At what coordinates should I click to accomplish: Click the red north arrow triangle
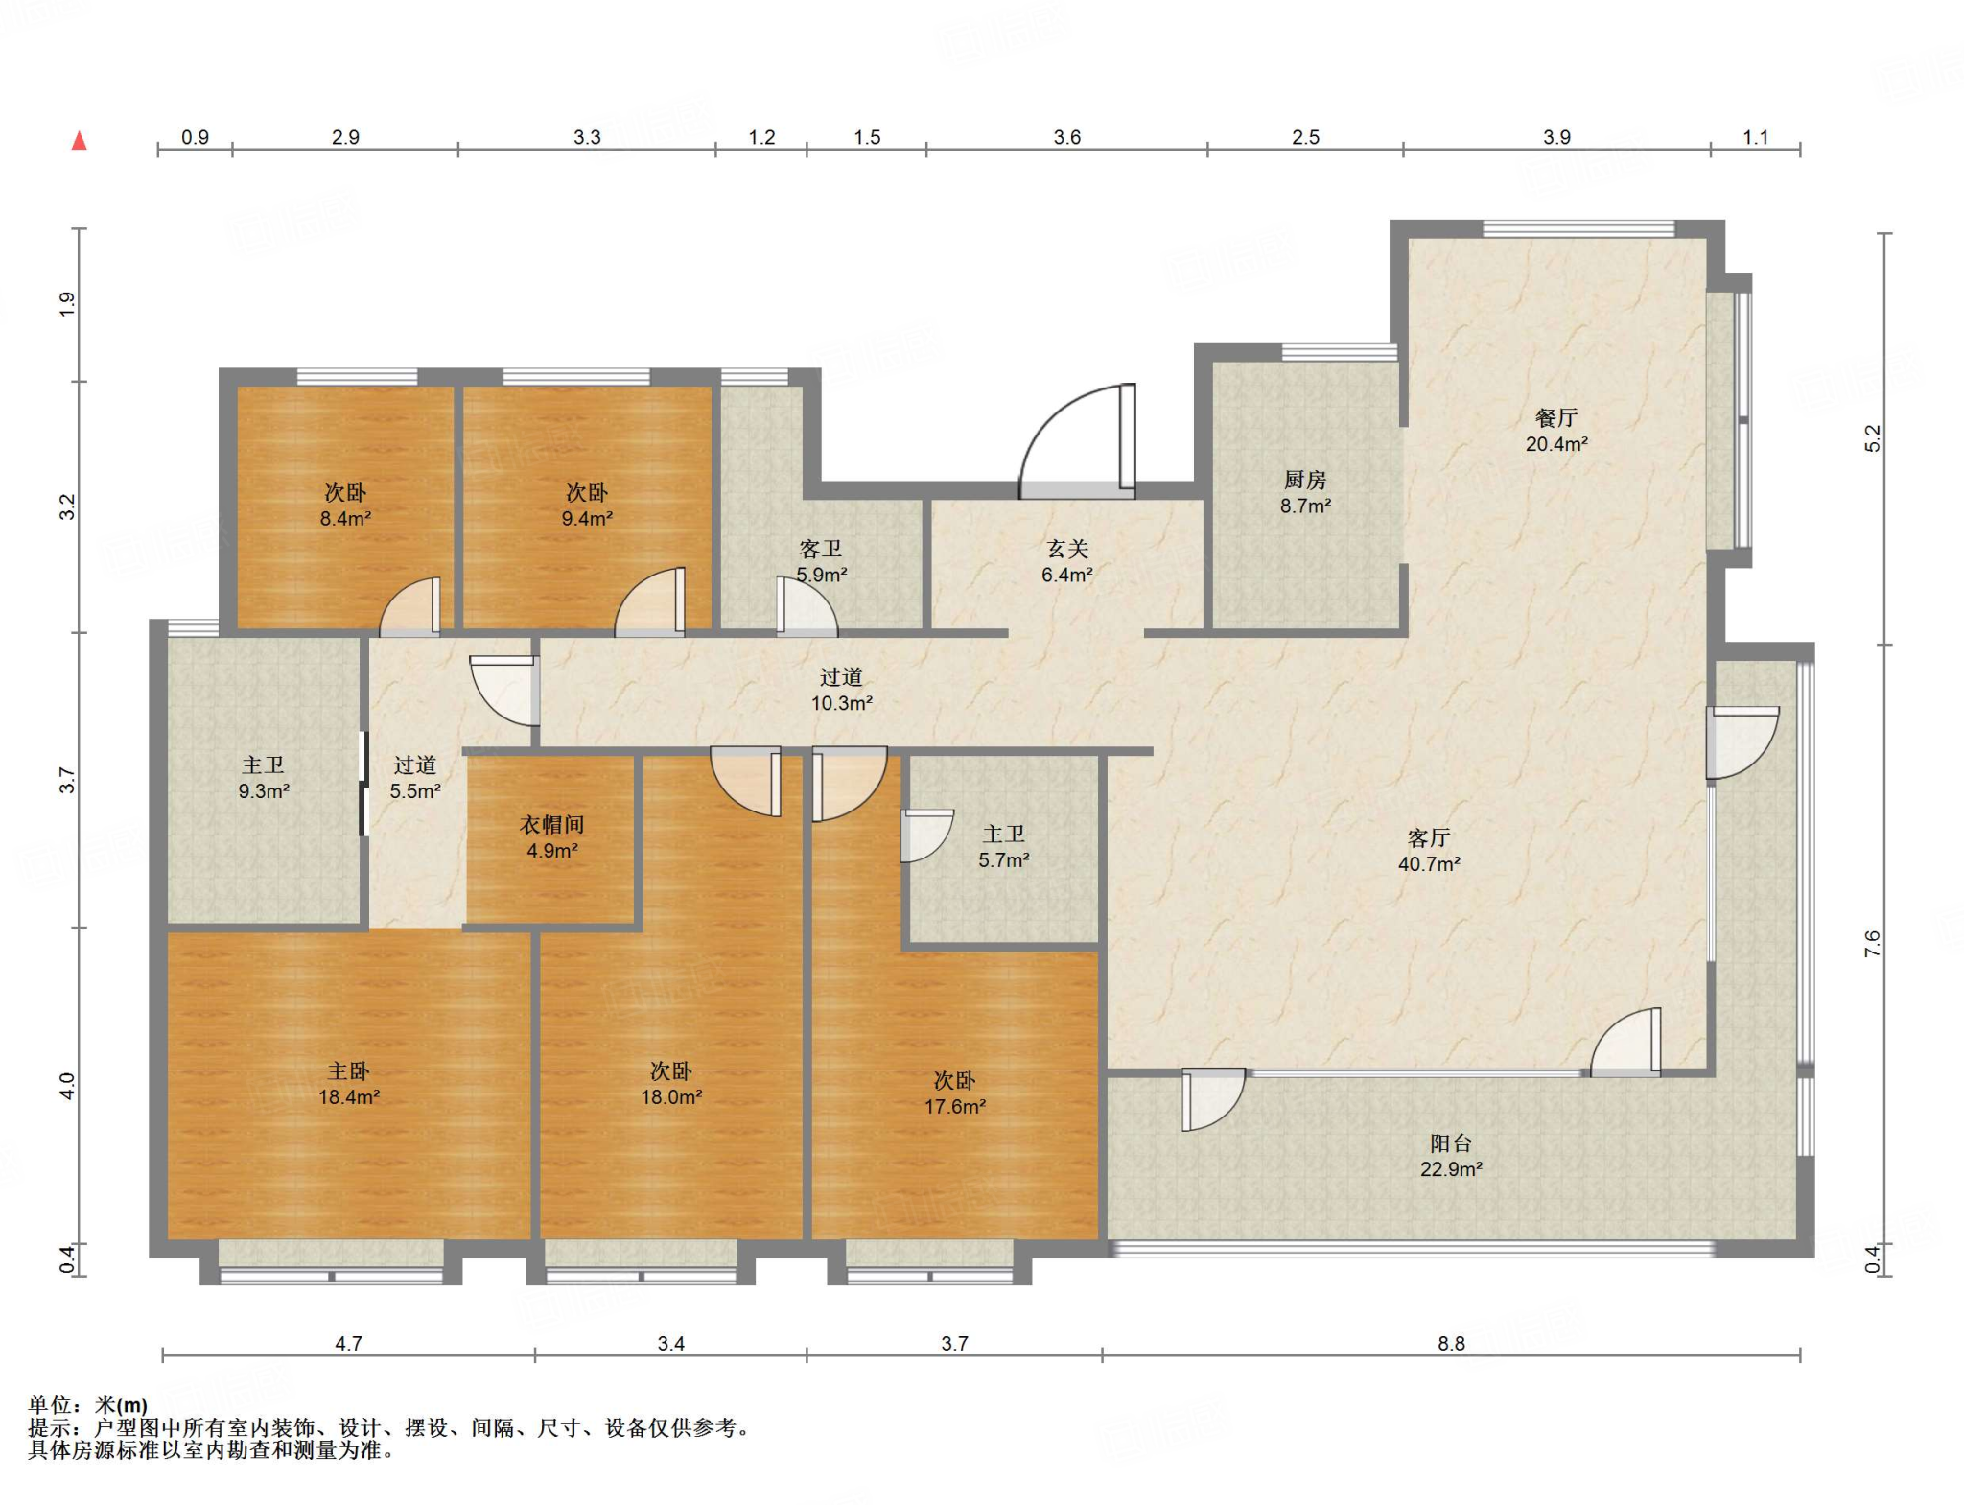[80, 141]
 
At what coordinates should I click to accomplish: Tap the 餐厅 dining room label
[1555, 418]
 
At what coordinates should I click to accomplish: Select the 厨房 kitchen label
[1305, 480]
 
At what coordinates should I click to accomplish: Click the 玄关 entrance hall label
[1067, 549]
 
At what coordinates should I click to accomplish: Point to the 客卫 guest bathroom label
[821, 549]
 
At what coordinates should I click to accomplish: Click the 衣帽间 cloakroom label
[552, 824]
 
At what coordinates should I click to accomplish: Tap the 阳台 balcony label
[1451, 1142]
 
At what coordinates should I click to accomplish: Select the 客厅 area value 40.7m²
[1429, 864]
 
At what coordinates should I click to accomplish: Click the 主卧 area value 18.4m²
[349, 1097]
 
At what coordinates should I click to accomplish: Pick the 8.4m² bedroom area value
[345, 519]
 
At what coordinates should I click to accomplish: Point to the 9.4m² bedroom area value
[587, 519]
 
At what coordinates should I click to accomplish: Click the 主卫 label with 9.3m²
[264, 764]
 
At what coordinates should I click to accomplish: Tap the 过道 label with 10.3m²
[841, 677]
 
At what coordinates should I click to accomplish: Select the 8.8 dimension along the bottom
[1451, 1344]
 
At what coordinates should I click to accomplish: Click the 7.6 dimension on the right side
[1873, 944]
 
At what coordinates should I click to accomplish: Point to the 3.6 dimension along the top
[1067, 137]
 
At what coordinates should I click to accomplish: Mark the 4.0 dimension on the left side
[66, 1086]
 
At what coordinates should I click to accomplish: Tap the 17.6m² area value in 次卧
[955, 1107]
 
